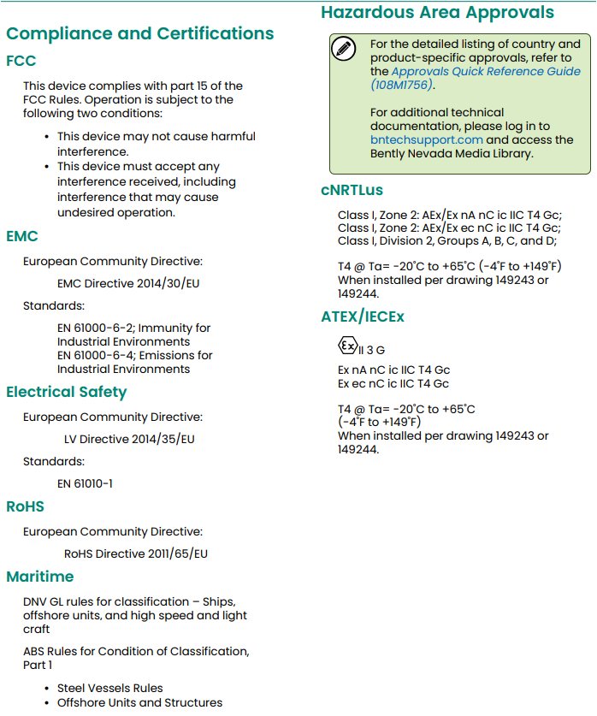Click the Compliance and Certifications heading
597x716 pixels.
coord(139,34)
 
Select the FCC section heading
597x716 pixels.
coord(21,62)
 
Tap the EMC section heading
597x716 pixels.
coord(22,236)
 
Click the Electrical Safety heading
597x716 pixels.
coord(66,393)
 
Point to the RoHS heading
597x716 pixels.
coord(25,506)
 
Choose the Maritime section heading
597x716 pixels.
coord(40,577)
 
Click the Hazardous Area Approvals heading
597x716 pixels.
coord(437,13)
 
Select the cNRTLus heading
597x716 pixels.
coord(352,190)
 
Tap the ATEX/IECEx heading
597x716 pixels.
coord(363,317)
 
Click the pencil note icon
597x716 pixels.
coord(344,49)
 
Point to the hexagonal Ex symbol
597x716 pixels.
coord(346,346)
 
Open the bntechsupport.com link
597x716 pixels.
coord(427,140)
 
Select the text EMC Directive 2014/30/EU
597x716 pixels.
coord(129,282)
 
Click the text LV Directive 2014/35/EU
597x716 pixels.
coord(129,439)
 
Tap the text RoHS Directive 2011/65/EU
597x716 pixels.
coord(136,553)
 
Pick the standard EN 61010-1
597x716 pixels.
coord(85,483)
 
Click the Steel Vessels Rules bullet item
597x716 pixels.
coord(109,688)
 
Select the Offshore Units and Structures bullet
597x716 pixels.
coord(139,702)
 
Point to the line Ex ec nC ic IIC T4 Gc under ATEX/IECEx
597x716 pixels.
coord(393,384)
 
